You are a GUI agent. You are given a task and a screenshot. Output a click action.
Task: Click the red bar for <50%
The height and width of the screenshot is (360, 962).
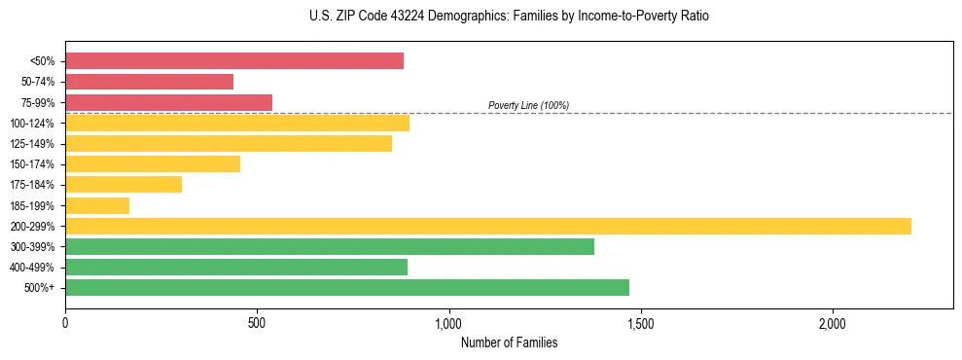[x=234, y=61]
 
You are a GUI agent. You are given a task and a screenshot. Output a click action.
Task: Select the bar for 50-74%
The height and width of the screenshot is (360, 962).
[x=149, y=82]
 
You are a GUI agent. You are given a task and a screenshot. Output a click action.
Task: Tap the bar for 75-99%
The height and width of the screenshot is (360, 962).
[x=168, y=102]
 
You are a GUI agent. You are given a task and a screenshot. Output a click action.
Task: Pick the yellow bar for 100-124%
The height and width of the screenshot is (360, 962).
[x=237, y=123]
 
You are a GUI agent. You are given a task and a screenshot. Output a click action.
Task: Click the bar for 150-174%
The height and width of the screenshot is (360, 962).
[x=153, y=163]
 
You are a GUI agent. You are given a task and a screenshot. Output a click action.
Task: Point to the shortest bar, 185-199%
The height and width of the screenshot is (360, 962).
[x=97, y=205]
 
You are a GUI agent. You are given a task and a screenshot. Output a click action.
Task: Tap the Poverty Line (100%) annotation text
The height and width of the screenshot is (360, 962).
[x=528, y=105]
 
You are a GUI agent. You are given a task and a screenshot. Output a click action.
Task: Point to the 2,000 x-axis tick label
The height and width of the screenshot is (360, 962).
[x=834, y=323]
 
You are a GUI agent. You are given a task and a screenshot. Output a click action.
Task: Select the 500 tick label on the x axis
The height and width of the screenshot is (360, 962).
[x=257, y=323]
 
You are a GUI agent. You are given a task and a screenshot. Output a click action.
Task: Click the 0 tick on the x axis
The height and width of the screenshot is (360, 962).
[x=65, y=323]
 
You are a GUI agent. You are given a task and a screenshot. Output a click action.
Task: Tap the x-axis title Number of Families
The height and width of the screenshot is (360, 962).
[x=509, y=342]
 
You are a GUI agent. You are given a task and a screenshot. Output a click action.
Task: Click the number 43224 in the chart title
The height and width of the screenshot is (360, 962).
[x=405, y=17]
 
